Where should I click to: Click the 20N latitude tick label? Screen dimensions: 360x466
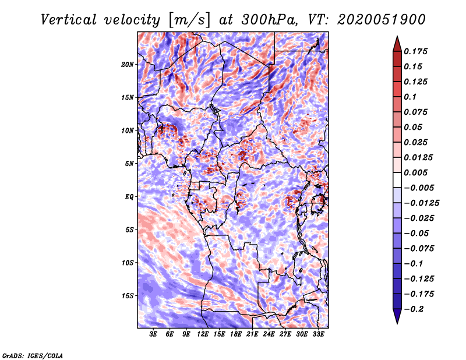click(128, 64)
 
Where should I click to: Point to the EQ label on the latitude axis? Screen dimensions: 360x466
click(129, 197)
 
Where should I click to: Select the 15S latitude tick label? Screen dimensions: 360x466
click(128, 296)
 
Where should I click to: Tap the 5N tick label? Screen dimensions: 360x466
click(129, 164)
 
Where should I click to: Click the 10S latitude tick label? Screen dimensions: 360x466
click(128, 263)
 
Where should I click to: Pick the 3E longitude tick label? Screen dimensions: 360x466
click(154, 334)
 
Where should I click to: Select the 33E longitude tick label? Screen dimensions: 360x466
click(319, 334)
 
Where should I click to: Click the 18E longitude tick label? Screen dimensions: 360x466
click(236, 334)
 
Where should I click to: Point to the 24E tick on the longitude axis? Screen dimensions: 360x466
click(270, 334)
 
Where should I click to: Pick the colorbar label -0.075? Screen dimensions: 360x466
click(421, 248)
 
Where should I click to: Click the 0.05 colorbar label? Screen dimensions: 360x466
click(414, 127)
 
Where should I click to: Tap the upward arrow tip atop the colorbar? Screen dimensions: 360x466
click(397, 37)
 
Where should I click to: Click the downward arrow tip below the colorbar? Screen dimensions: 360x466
click(397, 322)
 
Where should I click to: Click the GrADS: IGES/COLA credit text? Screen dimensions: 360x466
click(33, 355)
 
